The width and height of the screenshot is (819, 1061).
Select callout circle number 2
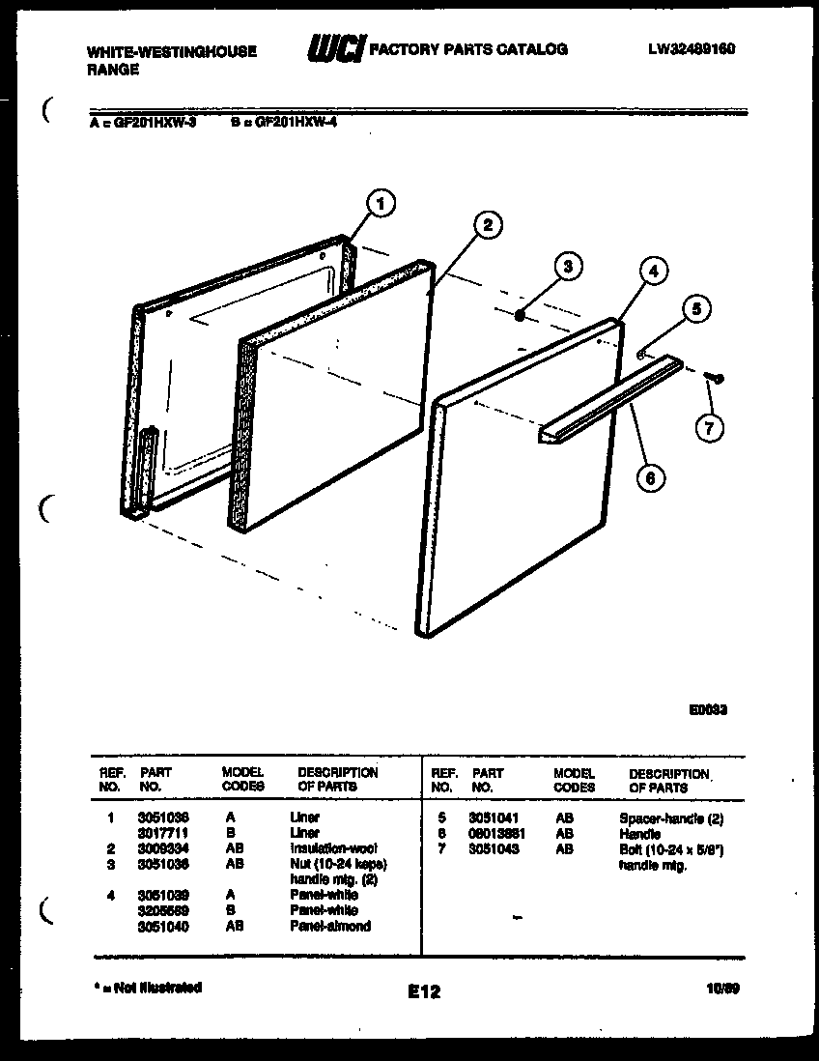point(488,225)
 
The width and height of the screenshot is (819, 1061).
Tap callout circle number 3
point(569,267)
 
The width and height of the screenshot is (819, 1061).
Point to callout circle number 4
point(653,272)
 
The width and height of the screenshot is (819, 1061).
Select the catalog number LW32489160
point(692,49)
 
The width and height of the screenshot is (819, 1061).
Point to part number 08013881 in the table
point(498,833)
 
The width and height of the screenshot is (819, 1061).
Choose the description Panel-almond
point(329,926)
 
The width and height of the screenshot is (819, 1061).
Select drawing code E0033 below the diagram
point(708,709)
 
